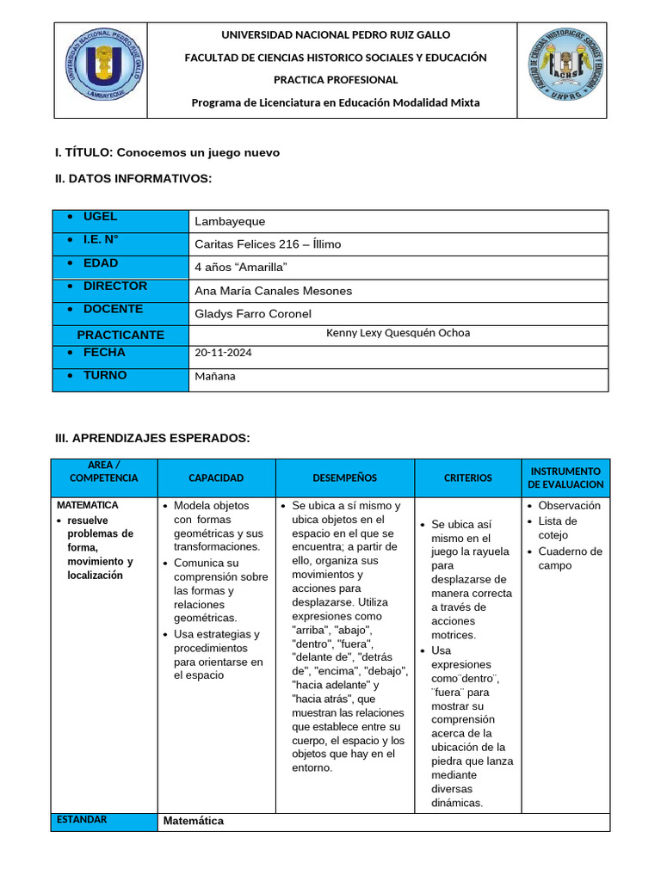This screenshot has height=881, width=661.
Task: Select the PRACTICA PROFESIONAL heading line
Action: pyautogui.click(x=336, y=80)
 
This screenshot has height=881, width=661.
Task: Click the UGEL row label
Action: pyautogui.click(x=100, y=217)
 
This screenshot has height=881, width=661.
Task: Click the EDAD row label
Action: pyautogui.click(x=101, y=263)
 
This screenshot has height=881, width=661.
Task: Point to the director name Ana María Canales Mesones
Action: pyautogui.click(x=274, y=291)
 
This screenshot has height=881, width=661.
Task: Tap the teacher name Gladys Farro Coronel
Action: pyautogui.click(x=253, y=314)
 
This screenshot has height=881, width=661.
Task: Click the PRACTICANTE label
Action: pyautogui.click(x=120, y=335)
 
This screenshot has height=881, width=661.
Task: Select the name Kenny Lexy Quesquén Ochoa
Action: pyautogui.click(x=398, y=333)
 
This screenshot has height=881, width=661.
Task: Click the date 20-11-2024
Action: pyautogui.click(x=224, y=353)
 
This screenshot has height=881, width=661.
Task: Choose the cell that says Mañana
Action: pyautogui.click(x=215, y=376)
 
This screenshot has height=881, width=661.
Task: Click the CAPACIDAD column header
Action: pyautogui.click(x=216, y=478)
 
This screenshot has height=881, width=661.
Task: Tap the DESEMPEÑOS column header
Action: pyautogui.click(x=344, y=478)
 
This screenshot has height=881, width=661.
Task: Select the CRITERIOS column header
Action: pyautogui.click(x=468, y=478)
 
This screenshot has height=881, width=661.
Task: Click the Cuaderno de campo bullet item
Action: pyautogui.click(x=570, y=558)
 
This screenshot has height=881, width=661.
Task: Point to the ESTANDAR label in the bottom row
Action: pyautogui.click(x=82, y=820)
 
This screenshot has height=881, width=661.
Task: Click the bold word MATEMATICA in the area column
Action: pyautogui.click(x=88, y=505)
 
